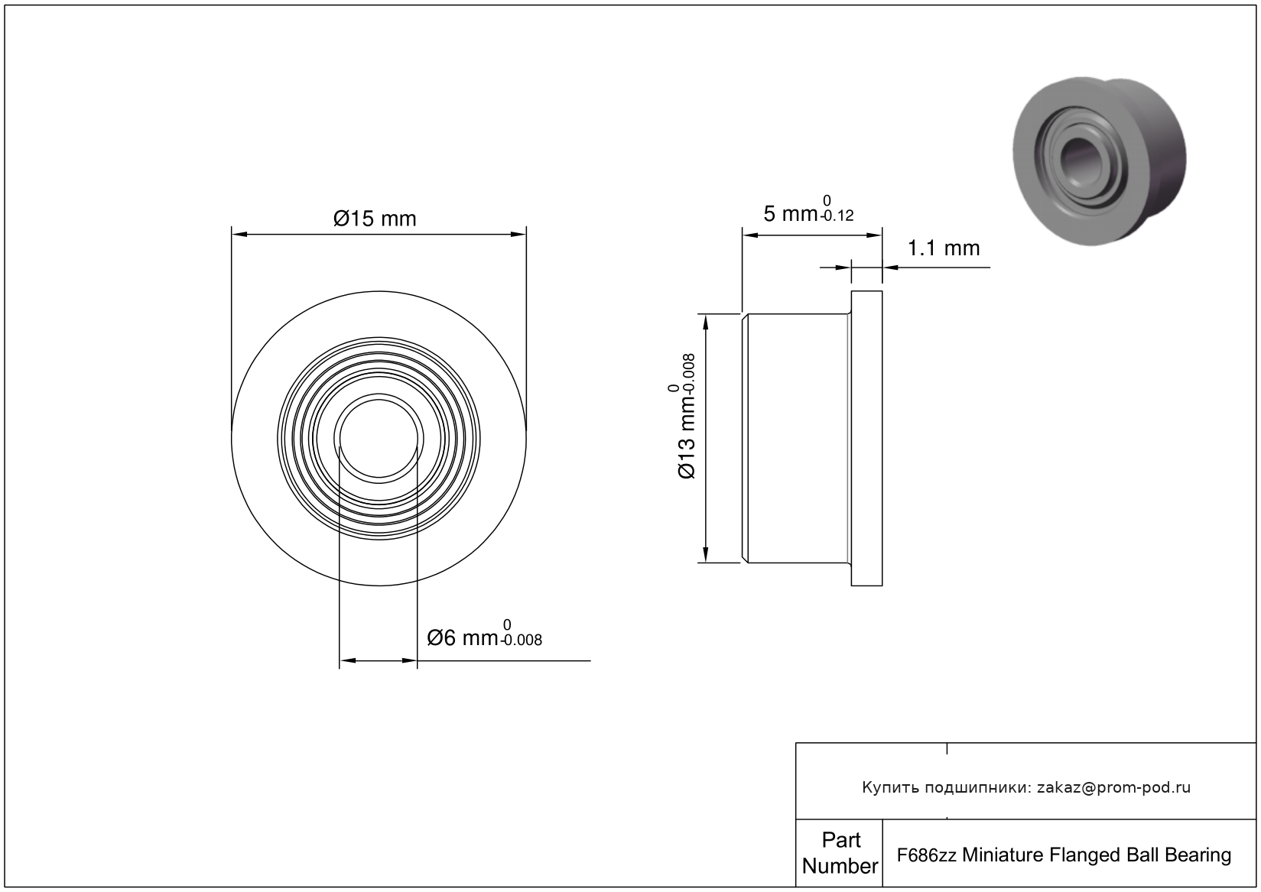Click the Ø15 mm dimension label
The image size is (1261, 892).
tap(375, 219)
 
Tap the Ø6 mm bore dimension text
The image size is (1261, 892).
tap(462, 638)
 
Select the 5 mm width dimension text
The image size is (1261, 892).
tap(790, 214)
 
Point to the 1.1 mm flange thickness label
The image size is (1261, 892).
tap(944, 248)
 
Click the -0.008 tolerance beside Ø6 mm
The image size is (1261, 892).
tap(521, 641)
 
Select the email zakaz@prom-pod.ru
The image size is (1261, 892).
tap(1113, 787)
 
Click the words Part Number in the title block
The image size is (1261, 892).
tap(840, 852)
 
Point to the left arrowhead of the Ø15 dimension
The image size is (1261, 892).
tap(239, 234)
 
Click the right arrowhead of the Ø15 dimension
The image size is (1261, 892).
tap(518, 234)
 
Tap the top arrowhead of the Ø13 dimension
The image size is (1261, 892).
tap(705, 322)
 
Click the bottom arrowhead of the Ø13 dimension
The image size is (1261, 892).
tap(705, 554)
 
